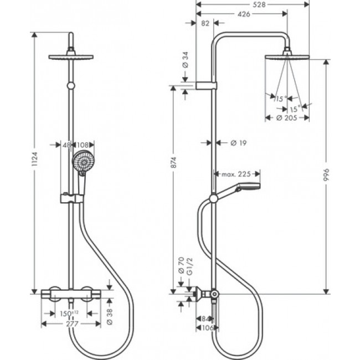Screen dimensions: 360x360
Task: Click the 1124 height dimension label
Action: (x=35, y=161)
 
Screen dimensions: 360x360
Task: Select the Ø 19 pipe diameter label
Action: (x=238, y=143)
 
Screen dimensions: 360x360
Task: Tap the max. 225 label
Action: (x=236, y=174)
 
